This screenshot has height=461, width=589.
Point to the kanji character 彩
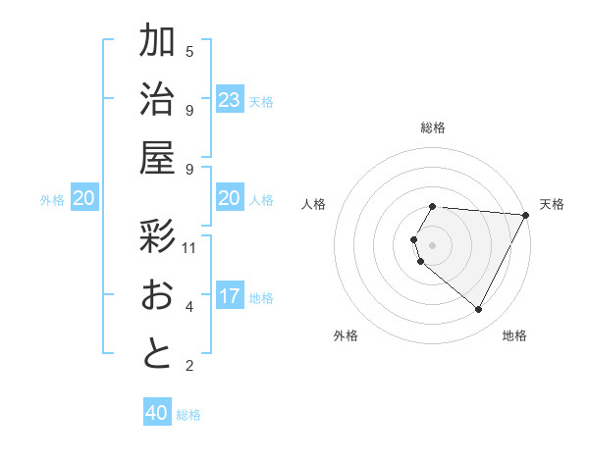pos(158,236)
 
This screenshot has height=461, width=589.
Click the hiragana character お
pos(158,295)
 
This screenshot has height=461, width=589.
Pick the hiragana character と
pos(158,354)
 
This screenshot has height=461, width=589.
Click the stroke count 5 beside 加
pos(189,51)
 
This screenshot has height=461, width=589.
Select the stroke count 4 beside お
pos(189,307)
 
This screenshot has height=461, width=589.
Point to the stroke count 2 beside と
pos(189,366)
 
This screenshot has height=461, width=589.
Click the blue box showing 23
pos(230,99)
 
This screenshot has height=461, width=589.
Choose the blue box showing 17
pos(230,296)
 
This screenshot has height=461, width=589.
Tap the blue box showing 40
pos(157,413)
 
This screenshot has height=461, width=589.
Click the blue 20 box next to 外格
pos(84,198)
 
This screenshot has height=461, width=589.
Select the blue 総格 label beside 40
pos(188,415)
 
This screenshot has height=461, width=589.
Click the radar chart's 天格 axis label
pos(552,204)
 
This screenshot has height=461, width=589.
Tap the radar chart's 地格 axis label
pos(514,335)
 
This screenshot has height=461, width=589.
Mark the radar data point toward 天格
pos(525,215)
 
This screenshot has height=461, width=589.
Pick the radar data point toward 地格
pos(479,309)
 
